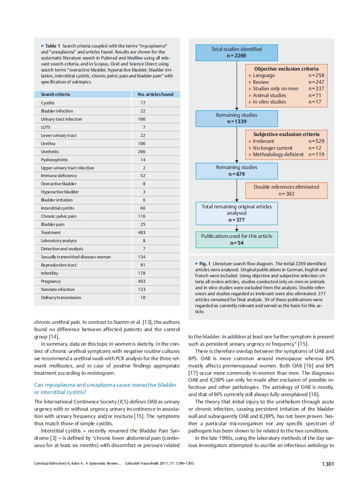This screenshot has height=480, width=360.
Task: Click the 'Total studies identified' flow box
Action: (236, 52)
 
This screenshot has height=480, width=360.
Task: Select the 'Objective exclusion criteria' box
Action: (286, 85)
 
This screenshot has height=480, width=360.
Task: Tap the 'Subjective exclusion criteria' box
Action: (286, 145)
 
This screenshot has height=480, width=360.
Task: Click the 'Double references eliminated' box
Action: (286, 190)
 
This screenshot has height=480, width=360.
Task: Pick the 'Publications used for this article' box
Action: (236, 239)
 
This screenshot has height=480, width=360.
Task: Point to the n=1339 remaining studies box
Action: (236, 118)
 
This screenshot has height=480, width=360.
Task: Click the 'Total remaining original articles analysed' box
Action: (236, 213)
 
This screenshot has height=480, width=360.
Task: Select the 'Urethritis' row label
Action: (50, 152)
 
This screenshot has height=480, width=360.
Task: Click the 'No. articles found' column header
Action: (155, 94)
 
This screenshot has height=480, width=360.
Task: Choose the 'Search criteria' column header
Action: (55, 94)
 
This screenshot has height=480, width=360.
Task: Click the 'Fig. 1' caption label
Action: (203, 264)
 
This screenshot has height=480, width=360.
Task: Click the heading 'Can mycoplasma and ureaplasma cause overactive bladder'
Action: (105, 385)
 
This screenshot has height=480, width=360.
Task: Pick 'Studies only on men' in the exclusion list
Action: (275, 89)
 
